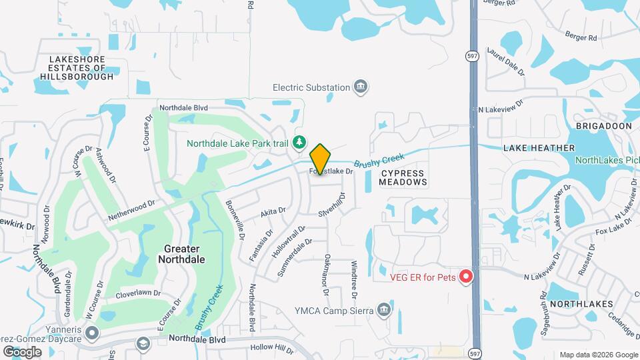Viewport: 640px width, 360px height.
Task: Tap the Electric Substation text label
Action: [311, 87]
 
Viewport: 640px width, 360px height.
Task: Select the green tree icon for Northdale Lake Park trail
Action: [300, 142]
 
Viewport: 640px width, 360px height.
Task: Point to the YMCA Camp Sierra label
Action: [333, 310]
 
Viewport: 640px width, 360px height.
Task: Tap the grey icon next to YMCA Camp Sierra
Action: [383, 310]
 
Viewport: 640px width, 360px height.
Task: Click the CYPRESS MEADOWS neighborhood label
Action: [403, 177]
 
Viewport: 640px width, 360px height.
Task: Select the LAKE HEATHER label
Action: [539, 148]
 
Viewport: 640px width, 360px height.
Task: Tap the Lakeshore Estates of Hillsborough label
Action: [77, 68]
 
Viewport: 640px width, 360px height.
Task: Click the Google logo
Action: [22, 351]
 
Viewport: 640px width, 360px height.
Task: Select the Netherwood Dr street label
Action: [131, 210]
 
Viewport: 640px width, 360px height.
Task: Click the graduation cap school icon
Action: [142, 343]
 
